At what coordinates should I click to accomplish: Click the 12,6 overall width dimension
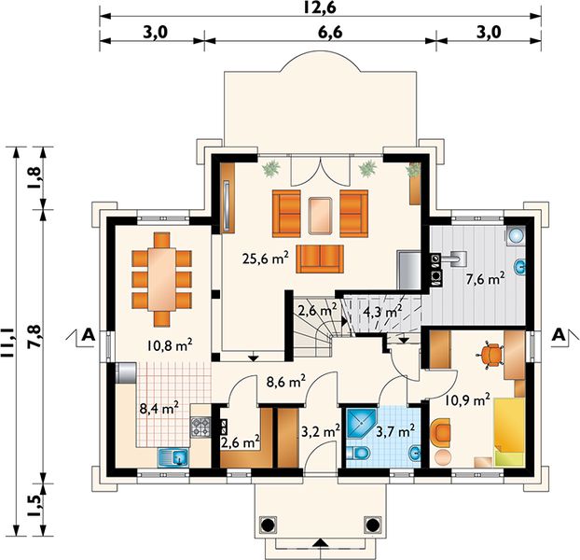[320, 7]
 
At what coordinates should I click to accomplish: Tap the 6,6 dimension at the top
[330, 33]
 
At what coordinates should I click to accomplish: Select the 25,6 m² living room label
[265, 258]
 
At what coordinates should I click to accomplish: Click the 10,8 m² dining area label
[169, 345]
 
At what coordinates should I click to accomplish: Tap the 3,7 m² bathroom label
[394, 430]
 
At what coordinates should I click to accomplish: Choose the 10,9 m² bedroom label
[467, 399]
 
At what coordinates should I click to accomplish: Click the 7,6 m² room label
[485, 279]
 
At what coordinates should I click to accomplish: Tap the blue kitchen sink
[173, 457]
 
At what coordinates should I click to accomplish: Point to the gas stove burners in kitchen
[200, 426]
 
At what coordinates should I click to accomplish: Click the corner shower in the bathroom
[362, 424]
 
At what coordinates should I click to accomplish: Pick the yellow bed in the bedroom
[509, 431]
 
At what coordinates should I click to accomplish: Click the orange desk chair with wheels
[490, 356]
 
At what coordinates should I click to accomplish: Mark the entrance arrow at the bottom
[321, 542]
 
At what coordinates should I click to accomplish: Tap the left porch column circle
[269, 525]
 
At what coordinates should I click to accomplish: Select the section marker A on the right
[559, 335]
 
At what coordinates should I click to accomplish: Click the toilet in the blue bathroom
[359, 453]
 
